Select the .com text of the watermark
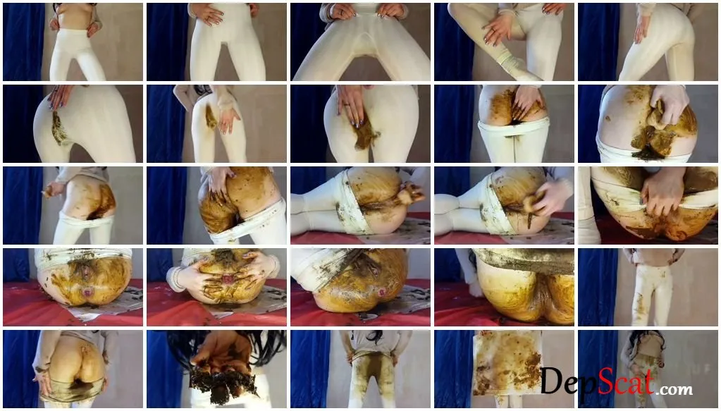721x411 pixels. coord(674,389)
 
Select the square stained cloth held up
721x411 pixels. coord(507,363)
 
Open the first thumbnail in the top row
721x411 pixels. coord(73,42)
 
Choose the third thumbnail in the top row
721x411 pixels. coord(361,42)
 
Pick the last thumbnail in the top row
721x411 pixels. coord(648,42)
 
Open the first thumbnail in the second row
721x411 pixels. coord(73,123)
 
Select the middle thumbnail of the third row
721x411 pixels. coord(361,206)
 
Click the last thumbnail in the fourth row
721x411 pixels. coord(648,288)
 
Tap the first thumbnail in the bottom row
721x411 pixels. coord(73,369)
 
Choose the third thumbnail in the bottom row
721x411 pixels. coord(361,369)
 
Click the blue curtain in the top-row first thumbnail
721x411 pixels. coord(23,42)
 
